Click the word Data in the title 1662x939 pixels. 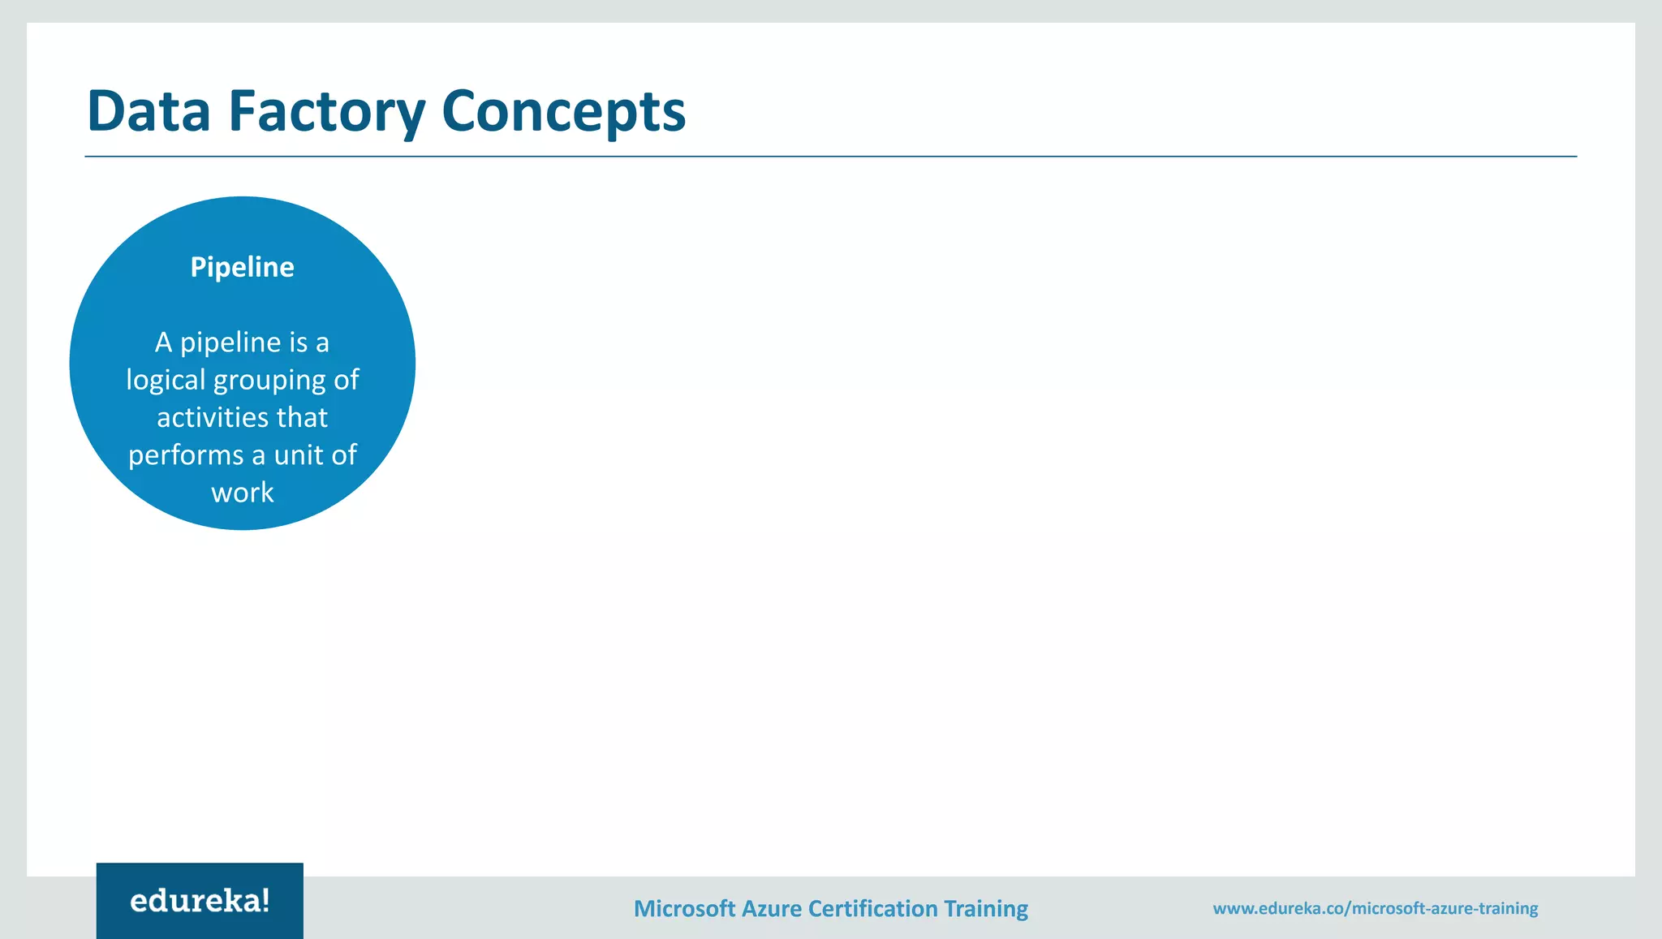[x=149, y=110]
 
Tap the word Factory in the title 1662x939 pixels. [x=326, y=110]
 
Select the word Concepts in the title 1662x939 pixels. [x=564, y=110]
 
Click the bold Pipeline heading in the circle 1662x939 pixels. [x=242, y=267]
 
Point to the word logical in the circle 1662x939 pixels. [x=166, y=380]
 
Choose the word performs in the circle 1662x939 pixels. [x=186, y=454]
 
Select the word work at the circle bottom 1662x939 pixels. [x=242, y=493]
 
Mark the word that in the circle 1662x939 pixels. [x=302, y=417]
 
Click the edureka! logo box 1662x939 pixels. [x=200, y=900]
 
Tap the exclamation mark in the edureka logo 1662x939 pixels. [x=265, y=899]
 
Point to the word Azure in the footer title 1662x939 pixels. [x=771, y=908]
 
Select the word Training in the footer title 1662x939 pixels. [x=986, y=908]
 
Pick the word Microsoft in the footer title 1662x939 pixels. [x=684, y=908]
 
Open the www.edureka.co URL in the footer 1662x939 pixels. [x=1375, y=908]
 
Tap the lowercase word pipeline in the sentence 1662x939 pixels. [x=230, y=342]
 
